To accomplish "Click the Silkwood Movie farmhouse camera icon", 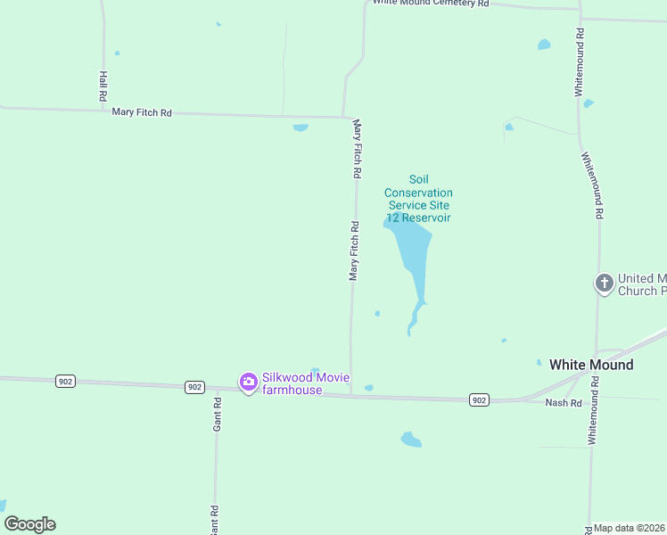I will [248, 382].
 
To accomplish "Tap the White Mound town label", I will [591, 365].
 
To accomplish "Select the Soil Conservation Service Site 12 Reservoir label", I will [418, 199].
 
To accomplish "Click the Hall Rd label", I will [103, 85].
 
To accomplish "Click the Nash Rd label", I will [564, 403].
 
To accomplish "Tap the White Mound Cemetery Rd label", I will [431, 4].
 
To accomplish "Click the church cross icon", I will [604, 284].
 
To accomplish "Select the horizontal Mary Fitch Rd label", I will [142, 112].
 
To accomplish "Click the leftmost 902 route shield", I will [64, 381].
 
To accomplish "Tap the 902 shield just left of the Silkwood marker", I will [196, 387].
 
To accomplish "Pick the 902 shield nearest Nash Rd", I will [479, 399].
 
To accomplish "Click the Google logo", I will [29, 524].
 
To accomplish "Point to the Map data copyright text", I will [630, 528].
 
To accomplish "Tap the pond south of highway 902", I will [410, 439].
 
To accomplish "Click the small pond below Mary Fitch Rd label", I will [301, 128].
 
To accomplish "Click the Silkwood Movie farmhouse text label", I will [292, 383].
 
